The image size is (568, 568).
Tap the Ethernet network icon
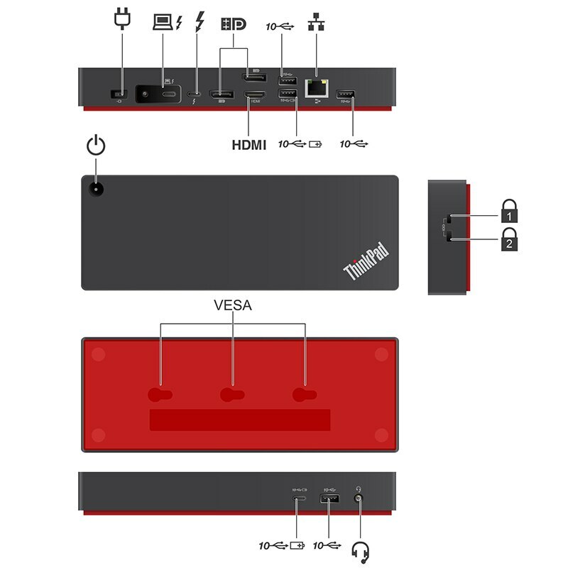point(315,23)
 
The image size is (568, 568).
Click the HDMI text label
point(248,145)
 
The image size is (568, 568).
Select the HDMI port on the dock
point(254,94)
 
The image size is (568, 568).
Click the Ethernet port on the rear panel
point(315,88)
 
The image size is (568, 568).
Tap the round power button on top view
point(95,189)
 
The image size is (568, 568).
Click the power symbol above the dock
point(96,146)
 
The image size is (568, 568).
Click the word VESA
point(233,306)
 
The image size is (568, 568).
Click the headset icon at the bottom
point(361,551)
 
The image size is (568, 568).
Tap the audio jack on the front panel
point(359,501)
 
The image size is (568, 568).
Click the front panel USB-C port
point(298,501)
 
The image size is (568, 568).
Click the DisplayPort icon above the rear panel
point(234,23)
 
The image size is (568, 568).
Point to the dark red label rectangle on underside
point(240,420)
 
